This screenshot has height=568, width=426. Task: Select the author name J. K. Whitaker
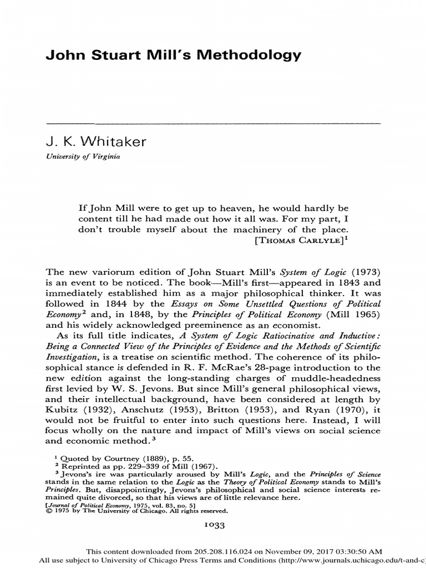coord(94,141)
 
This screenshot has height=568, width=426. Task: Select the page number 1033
coord(213,524)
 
